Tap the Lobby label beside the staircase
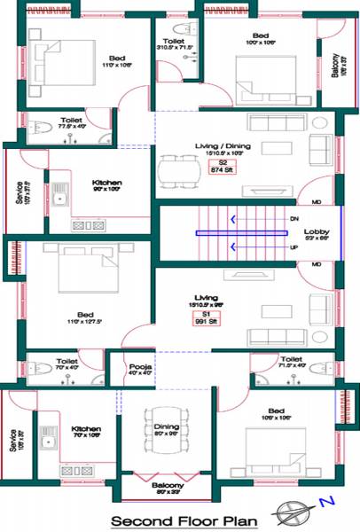317,235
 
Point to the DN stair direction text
294,218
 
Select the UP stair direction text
294,247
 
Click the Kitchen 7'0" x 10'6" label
87,431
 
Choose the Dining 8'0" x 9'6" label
167,429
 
